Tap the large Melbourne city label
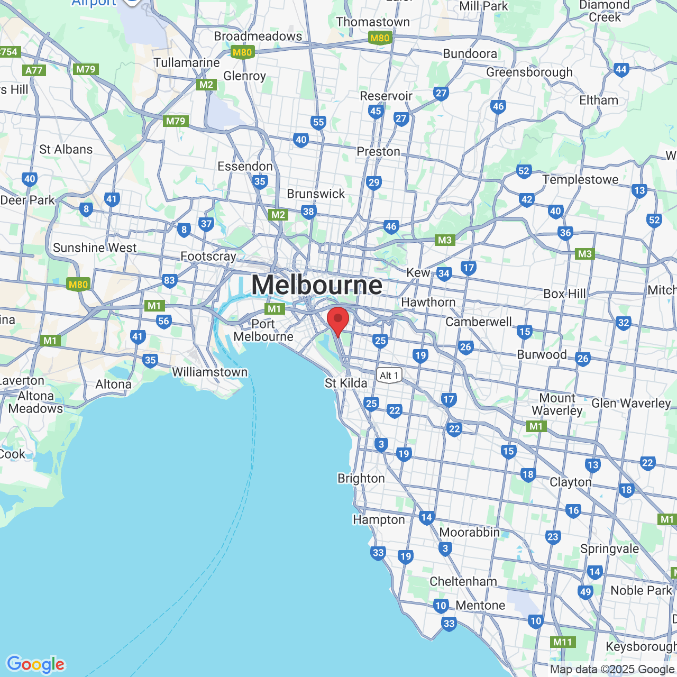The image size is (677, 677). (x=316, y=285)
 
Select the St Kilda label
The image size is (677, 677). (x=346, y=383)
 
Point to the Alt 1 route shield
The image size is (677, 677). (x=389, y=376)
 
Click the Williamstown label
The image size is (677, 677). (x=210, y=372)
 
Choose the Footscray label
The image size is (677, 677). (x=208, y=257)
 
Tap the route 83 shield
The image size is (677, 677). (x=169, y=280)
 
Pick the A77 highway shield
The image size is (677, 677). (x=34, y=70)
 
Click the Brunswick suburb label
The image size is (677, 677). (x=316, y=194)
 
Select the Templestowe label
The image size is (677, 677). (x=580, y=180)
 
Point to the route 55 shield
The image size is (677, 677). (x=318, y=123)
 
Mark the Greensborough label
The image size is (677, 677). (x=529, y=72)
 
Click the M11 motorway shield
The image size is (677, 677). (x=562, y=642)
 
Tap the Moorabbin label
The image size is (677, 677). (x=470, y=532)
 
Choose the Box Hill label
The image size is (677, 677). (x=565, y=294)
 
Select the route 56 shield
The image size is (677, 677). (x=164, y=321)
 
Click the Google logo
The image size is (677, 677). (x=36, y=664)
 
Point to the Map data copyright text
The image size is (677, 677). (x=612, y=670)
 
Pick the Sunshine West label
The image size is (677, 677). (x=95, y=248)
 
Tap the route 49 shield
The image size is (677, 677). (x=585, y=592)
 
